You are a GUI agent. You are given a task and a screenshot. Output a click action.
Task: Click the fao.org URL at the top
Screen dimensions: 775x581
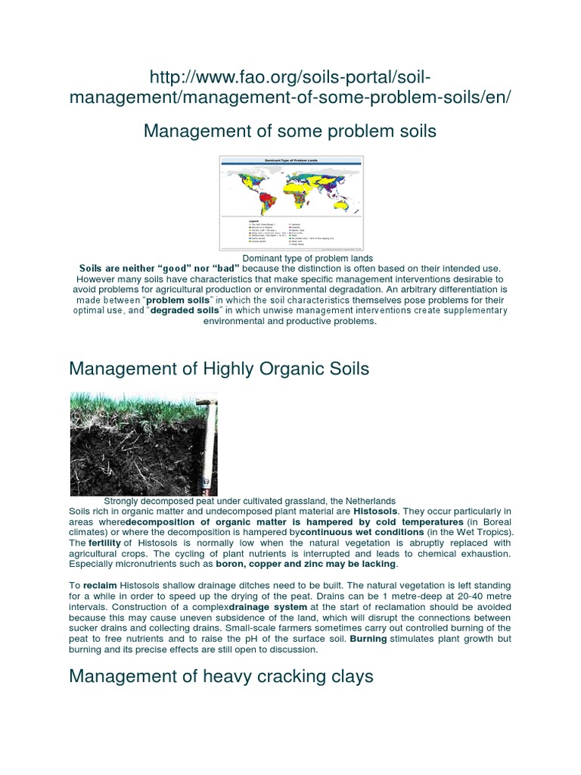(x=290, y=87)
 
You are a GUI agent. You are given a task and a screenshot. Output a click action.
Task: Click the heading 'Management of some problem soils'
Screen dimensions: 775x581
(x=290, y=131)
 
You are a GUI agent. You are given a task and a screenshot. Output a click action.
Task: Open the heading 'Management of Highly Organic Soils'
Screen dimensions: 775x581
(x=219, y=369)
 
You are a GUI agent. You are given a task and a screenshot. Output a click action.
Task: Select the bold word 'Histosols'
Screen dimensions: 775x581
(x=373, y=512)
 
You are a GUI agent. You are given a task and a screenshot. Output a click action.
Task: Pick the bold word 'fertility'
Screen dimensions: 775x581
(x=105, y=543)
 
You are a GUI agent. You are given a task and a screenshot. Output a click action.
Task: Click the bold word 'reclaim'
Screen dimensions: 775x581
(x=100, y=586)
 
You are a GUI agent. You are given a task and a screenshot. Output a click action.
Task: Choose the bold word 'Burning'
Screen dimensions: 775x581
(x=365, y=639)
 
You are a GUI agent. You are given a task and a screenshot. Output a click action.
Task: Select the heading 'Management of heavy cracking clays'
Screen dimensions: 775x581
(x=221, y=676)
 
